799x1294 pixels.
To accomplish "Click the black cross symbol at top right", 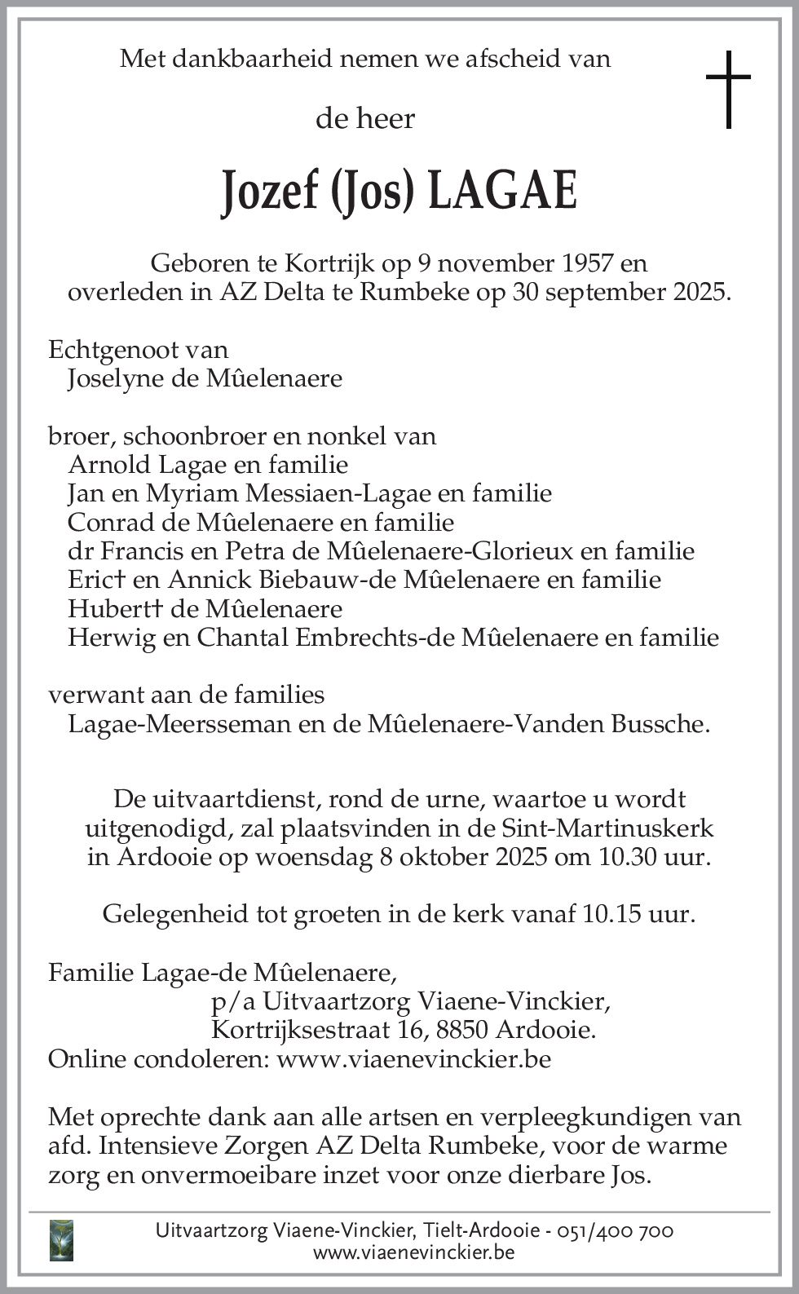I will tap(727, 89).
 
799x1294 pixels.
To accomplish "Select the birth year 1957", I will tap(587, 263).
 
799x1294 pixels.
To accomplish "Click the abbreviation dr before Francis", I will tap(78, 551).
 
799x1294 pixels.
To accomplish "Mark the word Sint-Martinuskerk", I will tap(607, 828).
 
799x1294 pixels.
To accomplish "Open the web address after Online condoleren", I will tap(414, 1059).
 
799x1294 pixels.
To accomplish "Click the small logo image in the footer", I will tap(61, 1240).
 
